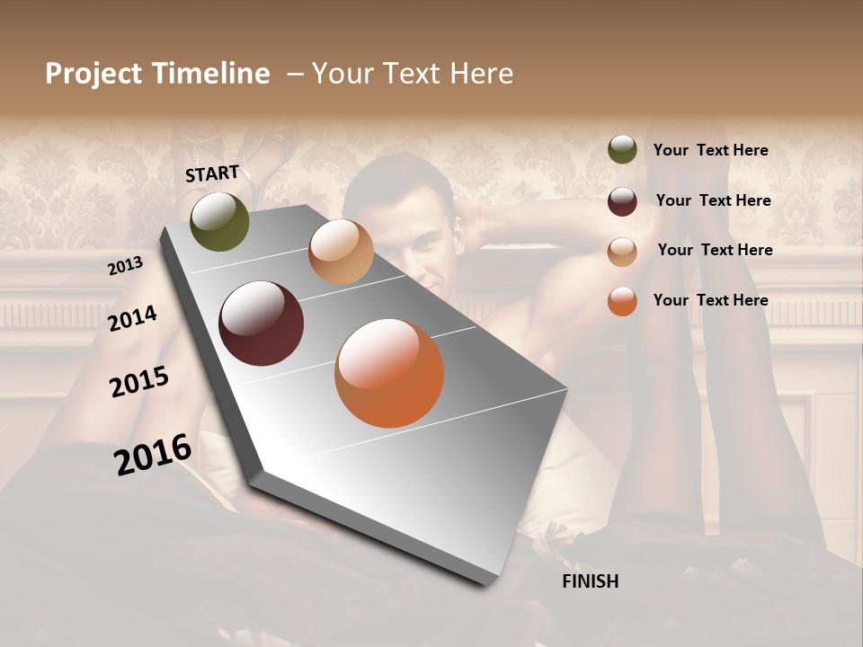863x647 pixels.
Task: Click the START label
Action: pos(212,173)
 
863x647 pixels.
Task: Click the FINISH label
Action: pos(590,581)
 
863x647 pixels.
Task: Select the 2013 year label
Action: pos(125,266)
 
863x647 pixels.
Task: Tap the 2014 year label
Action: pos(133,318)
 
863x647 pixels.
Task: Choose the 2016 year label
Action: pos(153,454)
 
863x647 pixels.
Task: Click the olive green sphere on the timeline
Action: pos(219,222)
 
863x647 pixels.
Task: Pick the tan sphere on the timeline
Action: pos(341,252)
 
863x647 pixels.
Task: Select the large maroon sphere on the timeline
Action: pos(261,323)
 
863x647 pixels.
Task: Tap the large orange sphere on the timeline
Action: pos(389,373)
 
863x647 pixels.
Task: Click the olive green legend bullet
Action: pos(622,150)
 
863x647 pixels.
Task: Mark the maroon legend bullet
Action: pos(622,201)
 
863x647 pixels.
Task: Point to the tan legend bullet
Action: pos(622,251)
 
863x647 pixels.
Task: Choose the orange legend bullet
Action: pos(622,301)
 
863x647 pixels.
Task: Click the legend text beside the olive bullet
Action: pos(710,150)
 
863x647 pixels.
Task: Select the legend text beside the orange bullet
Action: pos(710,300)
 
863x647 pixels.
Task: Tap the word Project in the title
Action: pos(94,74)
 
